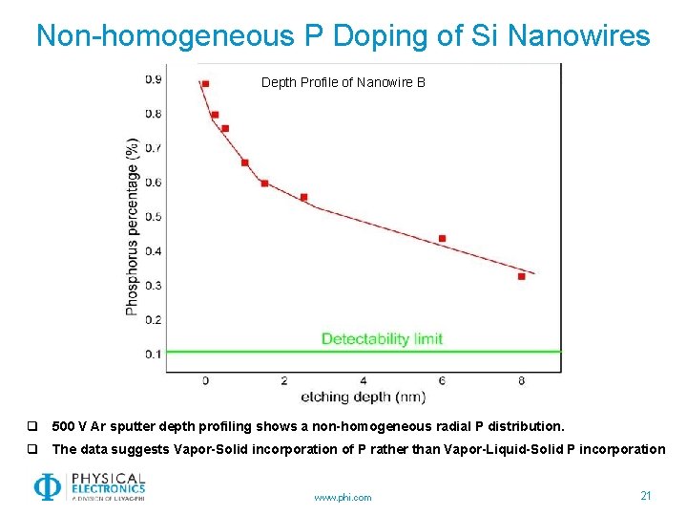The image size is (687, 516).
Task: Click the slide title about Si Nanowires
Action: [343, 36]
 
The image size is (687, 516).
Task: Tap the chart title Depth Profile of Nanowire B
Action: [343, 82]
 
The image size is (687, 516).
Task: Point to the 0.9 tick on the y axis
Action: [153, 79]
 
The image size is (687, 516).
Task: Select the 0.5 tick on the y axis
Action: [153, 217]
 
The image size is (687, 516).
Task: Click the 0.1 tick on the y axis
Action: [153, 355]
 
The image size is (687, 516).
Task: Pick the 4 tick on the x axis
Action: [363, 380]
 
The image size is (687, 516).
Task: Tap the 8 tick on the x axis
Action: [521, 380]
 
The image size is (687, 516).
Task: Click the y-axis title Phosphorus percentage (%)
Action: [133, 226]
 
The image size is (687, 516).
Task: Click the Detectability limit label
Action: [382, 338]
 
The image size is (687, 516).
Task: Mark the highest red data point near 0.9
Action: [205, 84]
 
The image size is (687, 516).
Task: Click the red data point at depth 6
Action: [442, 238]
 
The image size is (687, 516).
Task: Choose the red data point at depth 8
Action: [521, 276]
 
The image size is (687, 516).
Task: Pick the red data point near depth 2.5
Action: [303, 197]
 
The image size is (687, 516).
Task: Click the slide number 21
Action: [646, 495]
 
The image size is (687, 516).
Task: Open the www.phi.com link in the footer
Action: [343, 497]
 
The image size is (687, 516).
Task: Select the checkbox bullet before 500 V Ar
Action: [32, 426]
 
